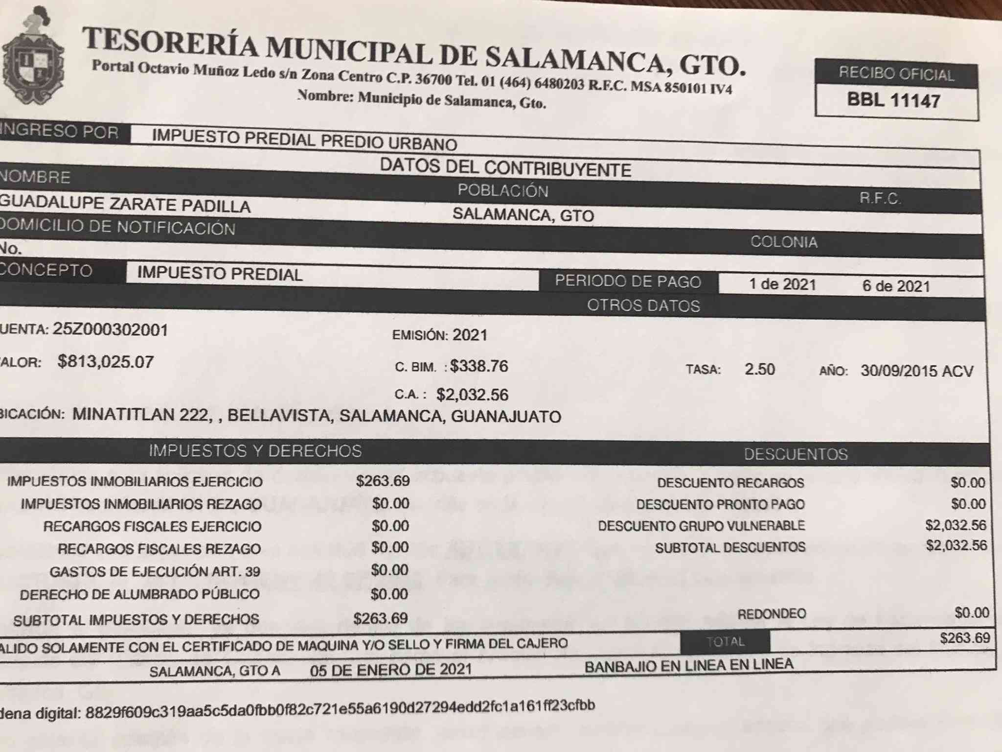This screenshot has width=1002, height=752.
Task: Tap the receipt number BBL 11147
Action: (x=893, y=100)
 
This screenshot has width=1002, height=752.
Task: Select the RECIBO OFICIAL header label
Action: (x=896, y=74)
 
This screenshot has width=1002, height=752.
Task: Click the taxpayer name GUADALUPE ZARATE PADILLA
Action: (x=125, y=205)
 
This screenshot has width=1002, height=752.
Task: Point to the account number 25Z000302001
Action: (x=110, y=329)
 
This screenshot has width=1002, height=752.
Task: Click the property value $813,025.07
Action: (x=106, y=362)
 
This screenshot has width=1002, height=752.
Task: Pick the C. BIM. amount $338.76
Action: (x=479, y=366)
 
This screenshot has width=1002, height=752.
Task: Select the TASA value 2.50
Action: (x=759, y=369)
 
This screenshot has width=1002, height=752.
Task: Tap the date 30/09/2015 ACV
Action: (x=917, y=371)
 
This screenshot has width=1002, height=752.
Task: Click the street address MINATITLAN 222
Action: (x=139, y=415)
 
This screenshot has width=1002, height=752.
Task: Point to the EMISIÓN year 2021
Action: (x=470, y=335)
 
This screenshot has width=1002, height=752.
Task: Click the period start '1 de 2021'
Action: (x=782, y=284)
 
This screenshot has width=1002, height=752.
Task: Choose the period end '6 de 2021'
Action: (x=896, y=286)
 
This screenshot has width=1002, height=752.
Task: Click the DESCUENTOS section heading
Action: (x=796, y=454)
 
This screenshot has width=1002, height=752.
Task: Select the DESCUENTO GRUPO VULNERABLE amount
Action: (x=956, y=525)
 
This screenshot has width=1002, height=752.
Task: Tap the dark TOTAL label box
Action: (x=725, y=642)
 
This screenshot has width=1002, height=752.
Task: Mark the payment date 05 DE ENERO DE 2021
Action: (x=390, y=669)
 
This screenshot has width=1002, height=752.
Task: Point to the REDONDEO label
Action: (x=772, y=614)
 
